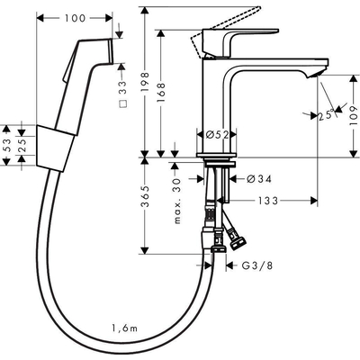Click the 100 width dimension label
(x=78, y=18)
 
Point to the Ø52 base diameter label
(x=214, y=134)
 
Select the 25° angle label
(x=323, y=114)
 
